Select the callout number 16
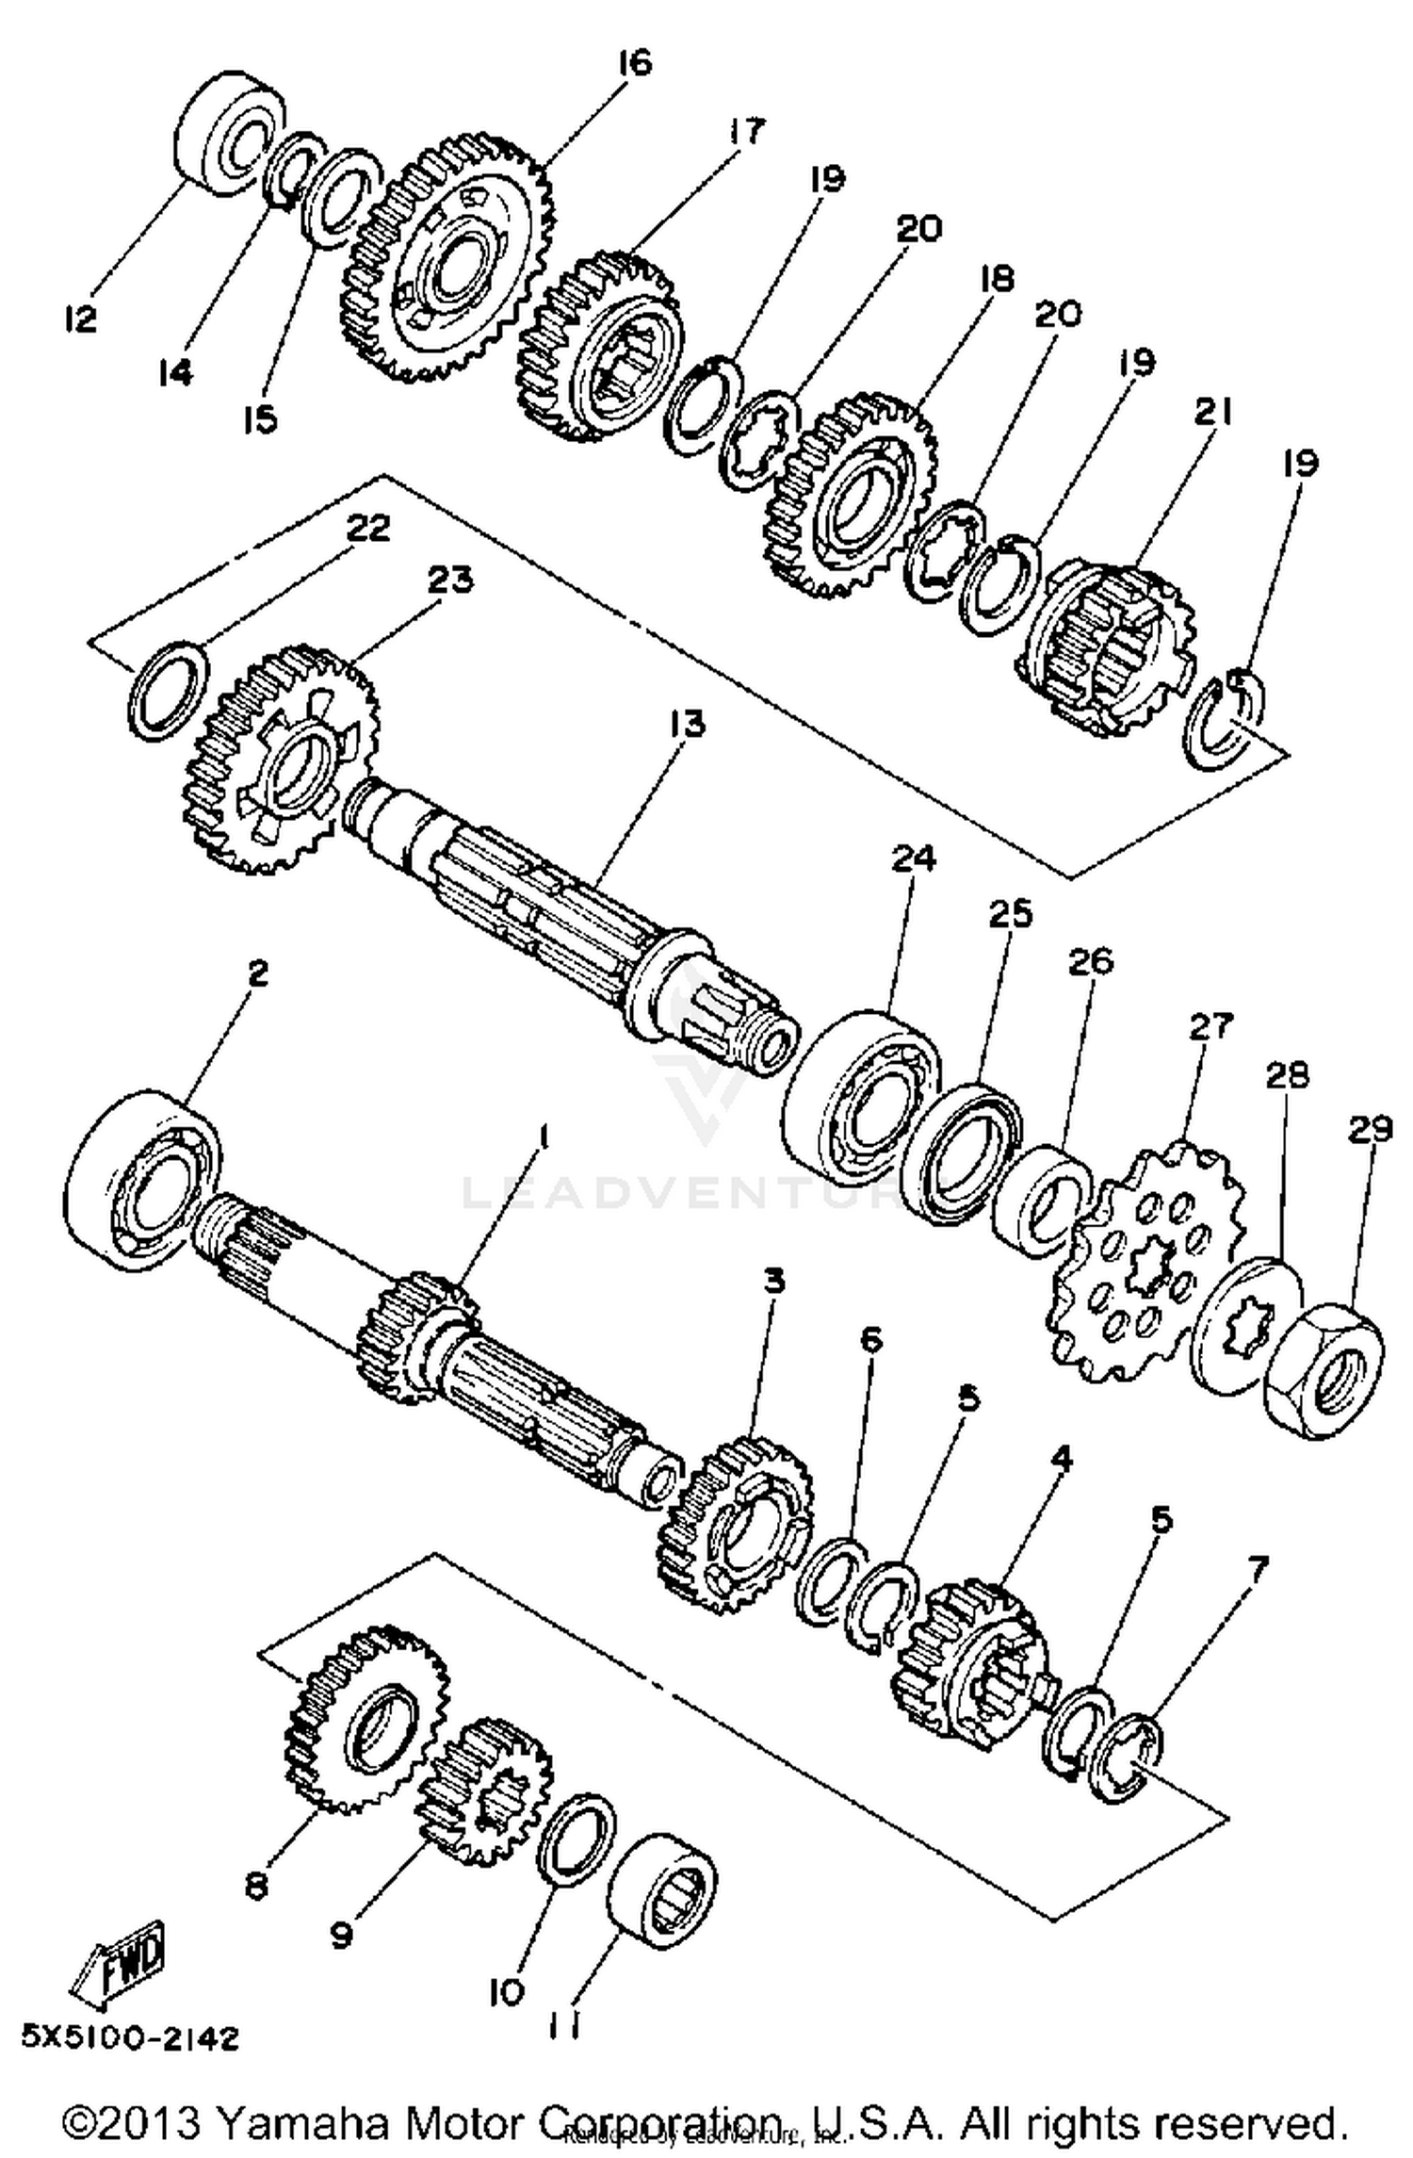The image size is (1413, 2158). [x=635, y=63]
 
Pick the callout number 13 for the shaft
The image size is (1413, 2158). [x=687, y=725]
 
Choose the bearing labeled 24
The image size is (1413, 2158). [x=862, y=1099]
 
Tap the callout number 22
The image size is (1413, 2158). [x=367, y=529]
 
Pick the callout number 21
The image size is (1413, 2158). [x=1212, y=411]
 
